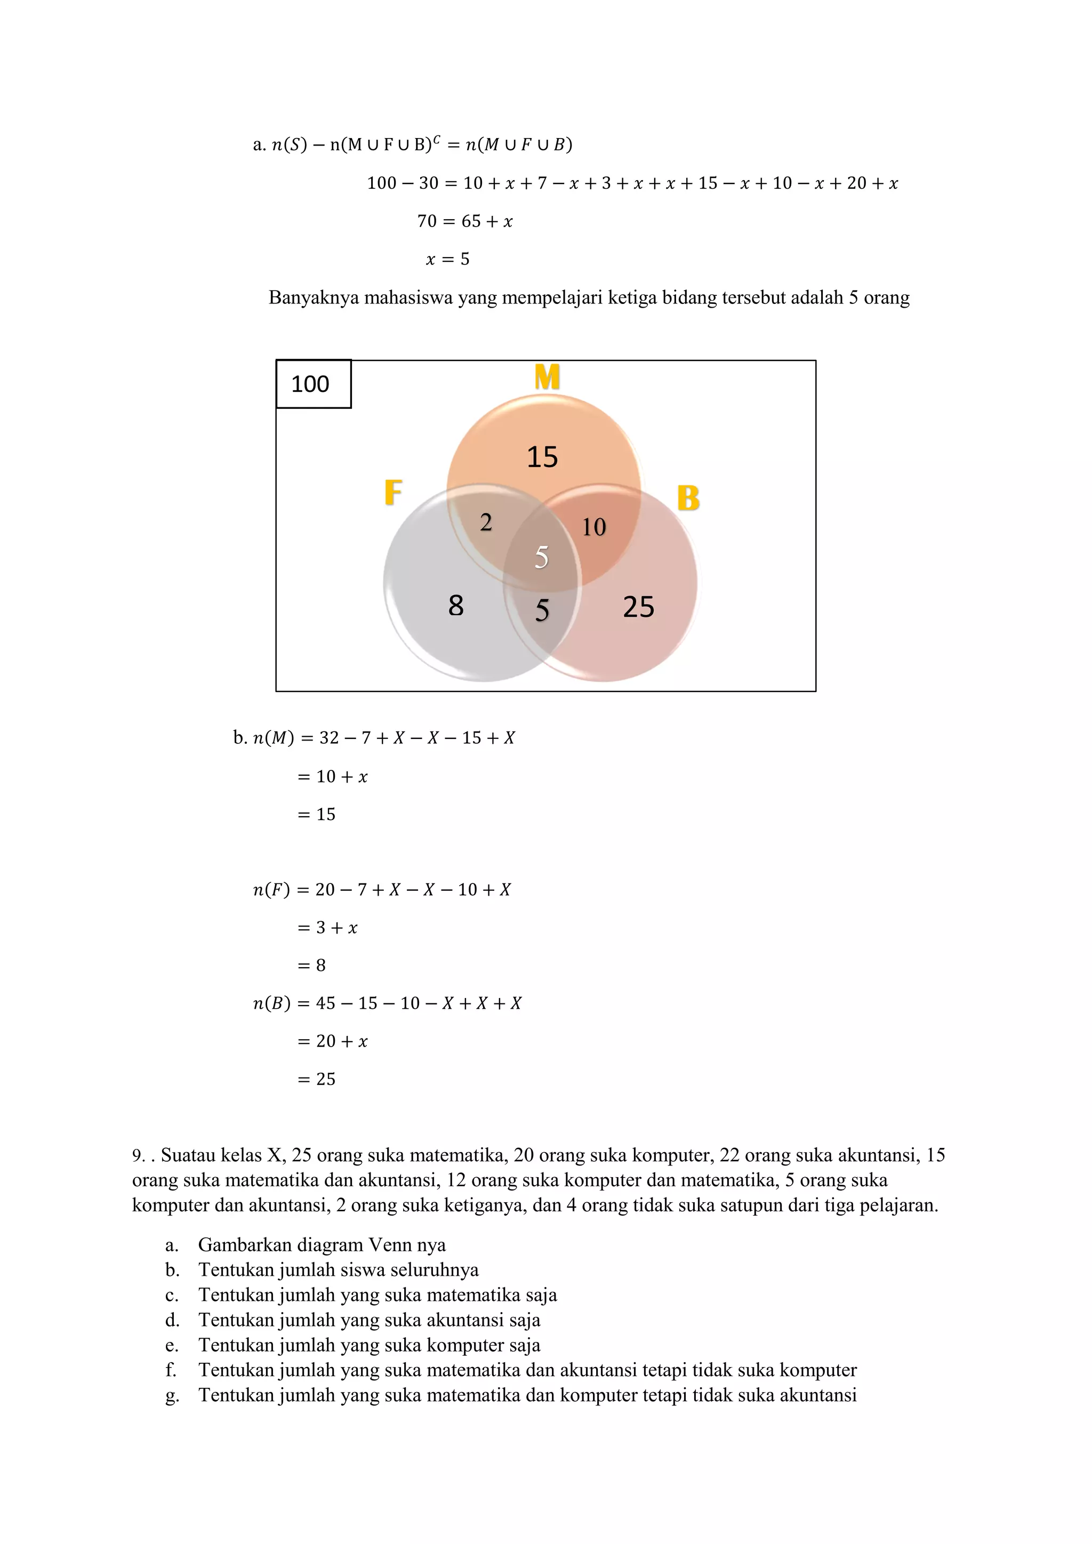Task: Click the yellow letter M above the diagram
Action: point(547,377)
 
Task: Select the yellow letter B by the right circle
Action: point(688,499)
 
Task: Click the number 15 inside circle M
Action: point(542,457)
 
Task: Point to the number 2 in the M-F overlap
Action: point(486,522)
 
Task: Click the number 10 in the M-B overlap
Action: point(594,527)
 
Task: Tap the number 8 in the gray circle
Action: point(456,606)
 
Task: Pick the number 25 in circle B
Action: point(638,607)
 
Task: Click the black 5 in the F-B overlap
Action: point(542,610)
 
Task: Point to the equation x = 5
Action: point(448,259)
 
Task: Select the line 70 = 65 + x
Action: point(464,221)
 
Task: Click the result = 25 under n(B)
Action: point(316,1079)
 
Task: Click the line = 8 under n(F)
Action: point(311,966)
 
